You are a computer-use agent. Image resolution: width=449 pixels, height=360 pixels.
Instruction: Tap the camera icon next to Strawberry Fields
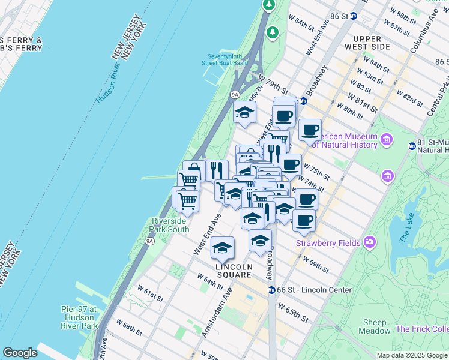pos(370,242)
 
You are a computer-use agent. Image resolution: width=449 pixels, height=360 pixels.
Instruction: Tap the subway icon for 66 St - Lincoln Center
pos(271,290)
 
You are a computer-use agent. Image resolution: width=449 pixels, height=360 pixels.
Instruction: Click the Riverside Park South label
pos(170,225)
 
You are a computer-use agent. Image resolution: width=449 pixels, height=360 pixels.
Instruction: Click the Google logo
pos(20,353)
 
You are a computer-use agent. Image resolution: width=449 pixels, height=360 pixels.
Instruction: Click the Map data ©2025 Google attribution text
pos(411,355)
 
